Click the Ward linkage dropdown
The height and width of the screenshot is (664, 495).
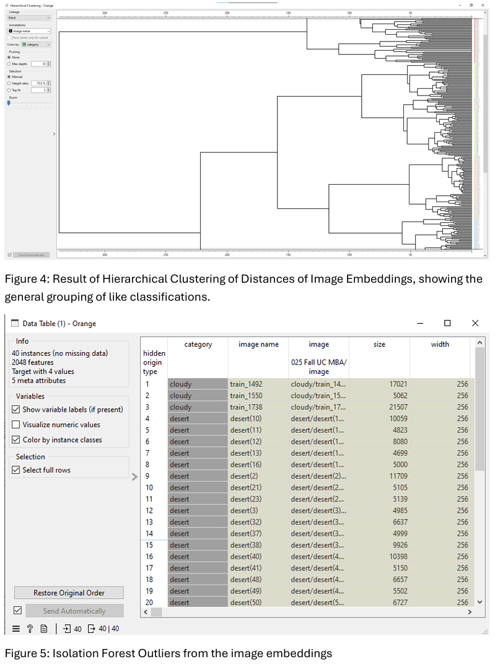point(29,18)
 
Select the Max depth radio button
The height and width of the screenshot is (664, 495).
point(9,64)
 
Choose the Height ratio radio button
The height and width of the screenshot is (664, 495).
point(9,83)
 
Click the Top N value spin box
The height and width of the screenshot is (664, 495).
point(41,90)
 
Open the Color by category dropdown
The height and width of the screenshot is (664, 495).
point(36,45)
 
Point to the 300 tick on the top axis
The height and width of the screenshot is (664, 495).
point(105,13)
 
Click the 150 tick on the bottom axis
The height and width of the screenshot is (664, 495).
point(288,254)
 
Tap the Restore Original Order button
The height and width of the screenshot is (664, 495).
point(69,593)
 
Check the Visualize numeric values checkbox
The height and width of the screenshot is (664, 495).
point(16,425)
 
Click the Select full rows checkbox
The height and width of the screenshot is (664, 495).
point(16,470)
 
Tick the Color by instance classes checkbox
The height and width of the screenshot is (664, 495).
point(16,440)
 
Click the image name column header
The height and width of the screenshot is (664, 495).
point(258,345)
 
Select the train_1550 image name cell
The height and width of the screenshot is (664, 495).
point(246,396)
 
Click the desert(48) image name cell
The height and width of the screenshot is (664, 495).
point(246,580)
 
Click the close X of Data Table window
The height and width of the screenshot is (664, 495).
point(475,323)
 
